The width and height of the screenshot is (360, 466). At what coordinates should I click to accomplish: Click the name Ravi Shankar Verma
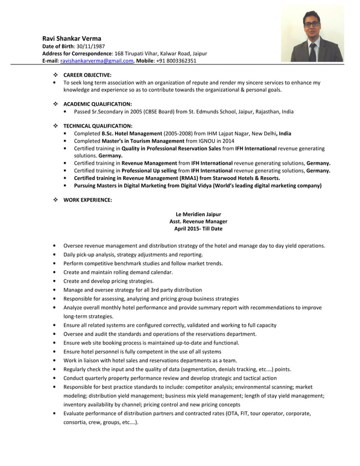click(x=72, y=38)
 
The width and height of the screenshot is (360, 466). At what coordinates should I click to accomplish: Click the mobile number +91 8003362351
click(x=178, y=61)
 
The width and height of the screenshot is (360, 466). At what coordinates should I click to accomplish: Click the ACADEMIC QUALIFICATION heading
click(x=97, y=104)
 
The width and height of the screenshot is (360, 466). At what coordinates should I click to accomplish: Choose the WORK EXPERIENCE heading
click(x=87, y=200)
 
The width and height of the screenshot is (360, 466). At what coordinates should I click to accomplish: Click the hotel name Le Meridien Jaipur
click(x=198, y=214)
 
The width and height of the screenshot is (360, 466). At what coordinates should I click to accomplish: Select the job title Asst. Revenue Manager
click(x=198, y=222)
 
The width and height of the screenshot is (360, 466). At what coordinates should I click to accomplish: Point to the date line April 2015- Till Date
click(x=198, y=229)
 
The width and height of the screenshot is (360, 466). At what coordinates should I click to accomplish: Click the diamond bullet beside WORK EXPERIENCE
click(x=55, y=200)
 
